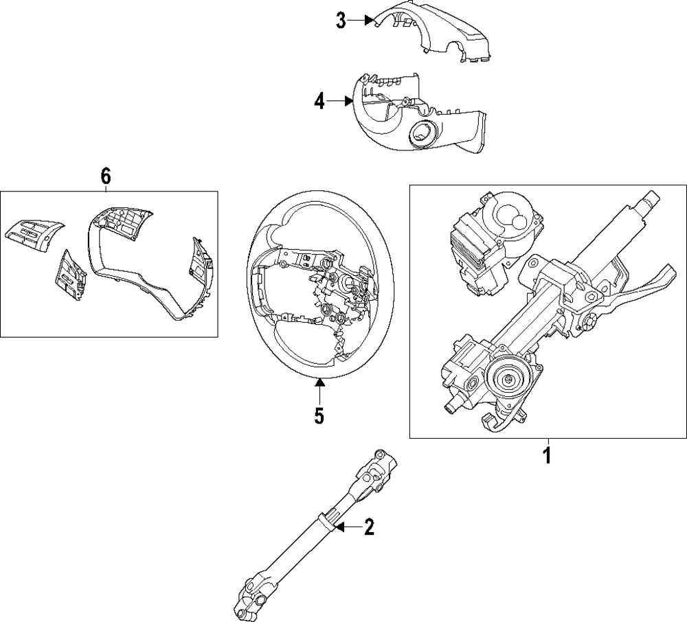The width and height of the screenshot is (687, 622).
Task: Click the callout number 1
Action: (547, 455)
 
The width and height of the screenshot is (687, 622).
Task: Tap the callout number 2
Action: (369, 527)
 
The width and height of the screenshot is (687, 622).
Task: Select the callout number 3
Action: (341, 21)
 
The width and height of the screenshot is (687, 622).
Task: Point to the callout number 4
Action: (319, 102)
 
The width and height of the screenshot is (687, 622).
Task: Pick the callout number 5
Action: (319, 415)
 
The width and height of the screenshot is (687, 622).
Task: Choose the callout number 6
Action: (105, 176)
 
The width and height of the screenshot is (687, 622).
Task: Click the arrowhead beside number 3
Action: (368, 21)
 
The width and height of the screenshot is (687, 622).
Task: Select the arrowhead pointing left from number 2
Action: (339, 527)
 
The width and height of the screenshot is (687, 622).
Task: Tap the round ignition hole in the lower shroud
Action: (421, 133)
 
